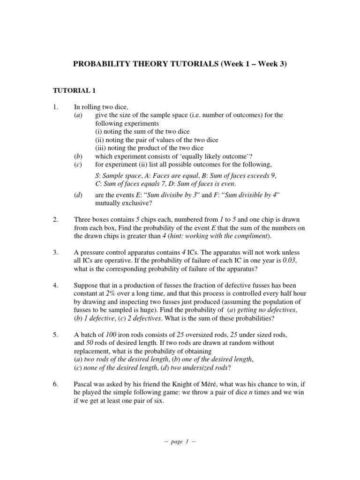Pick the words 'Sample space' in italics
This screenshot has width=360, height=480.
pyautogui.click(x=116, y=176)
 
